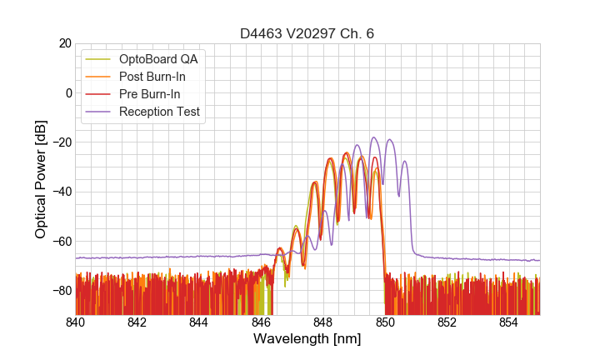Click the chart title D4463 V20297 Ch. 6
(307, 33)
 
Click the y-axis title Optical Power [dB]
(41, 179)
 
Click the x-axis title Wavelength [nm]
(307, 340)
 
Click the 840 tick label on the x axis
(76, 322)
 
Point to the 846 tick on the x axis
(262, 322)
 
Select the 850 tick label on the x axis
(385, 322)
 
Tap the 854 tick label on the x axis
(509, 322)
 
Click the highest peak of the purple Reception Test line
(374, 137)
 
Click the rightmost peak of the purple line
(405, 162)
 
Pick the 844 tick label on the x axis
(200, 322)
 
